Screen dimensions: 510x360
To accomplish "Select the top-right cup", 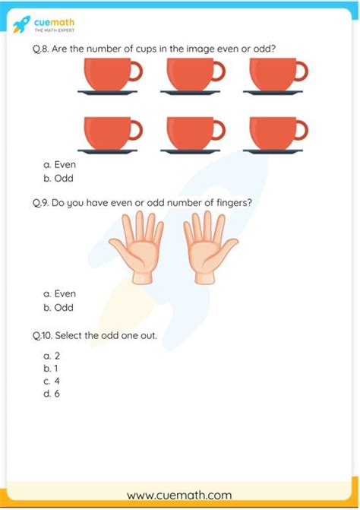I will tap(274, 75).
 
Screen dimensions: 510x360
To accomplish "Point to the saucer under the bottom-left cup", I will tap(107, 150).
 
